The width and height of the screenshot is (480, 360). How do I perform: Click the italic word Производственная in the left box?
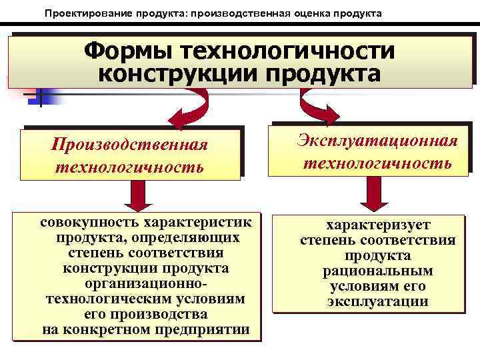(131, 145)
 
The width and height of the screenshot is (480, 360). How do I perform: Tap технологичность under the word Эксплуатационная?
(377, 162)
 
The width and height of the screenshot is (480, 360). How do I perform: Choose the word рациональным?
(377, 271)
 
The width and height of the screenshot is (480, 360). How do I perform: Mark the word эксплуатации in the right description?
(377, 302)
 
